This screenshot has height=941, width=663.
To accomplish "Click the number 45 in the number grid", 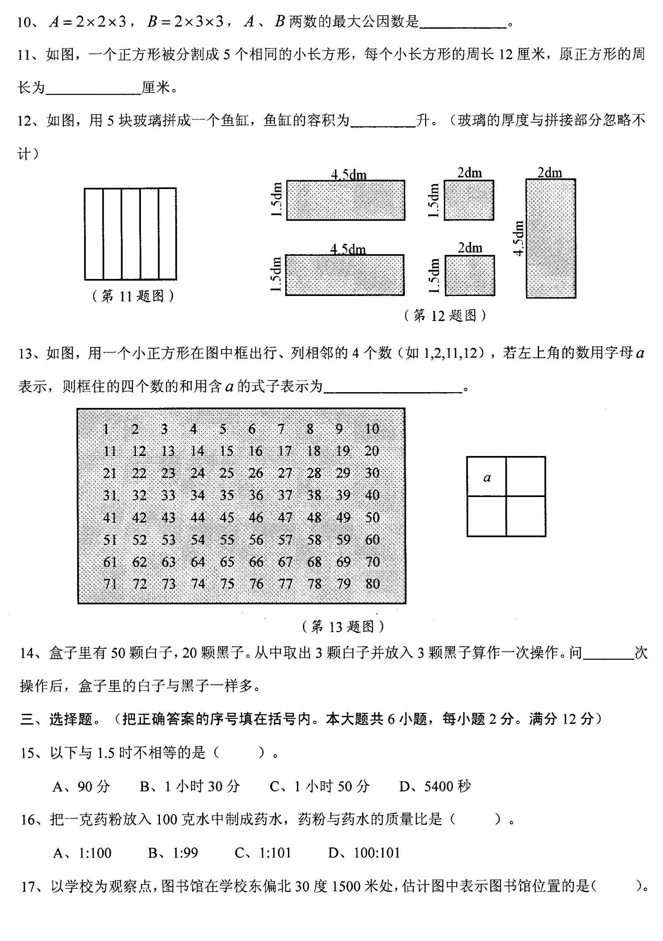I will pyautogui.click(x=227, y=517).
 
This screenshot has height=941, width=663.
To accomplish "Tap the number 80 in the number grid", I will pyautogui.click(x=373, y=584).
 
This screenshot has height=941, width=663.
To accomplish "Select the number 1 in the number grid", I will pyautogui.click(x=106, y=429).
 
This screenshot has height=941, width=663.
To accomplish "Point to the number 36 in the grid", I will pyautogui.click(x=256, y=495).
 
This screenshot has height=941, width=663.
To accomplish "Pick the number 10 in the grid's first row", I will pyautogui.click(x=372, y=429).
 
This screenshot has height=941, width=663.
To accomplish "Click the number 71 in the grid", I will pyautogui.click(x=110, y=584).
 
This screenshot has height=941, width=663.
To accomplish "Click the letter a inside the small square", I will pyautogui.click(x=487, y=478).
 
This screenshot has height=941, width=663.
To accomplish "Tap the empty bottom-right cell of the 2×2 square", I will pyautogui.click(x=525, y=516).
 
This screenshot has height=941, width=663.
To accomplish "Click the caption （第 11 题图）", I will pyautogui.click(x=133, y=296).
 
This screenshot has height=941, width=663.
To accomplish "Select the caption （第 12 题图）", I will pyautogui.click(x=445, y=316).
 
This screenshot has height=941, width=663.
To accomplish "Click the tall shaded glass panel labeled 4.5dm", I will pyautogui.click(x=551, y=238).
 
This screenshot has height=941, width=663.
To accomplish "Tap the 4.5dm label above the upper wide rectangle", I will pyautogui.click(x=348, y=175).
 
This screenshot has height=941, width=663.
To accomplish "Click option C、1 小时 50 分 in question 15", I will pyautogui.click(x=319, y=786).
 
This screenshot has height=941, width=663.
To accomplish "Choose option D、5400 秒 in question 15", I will pyautogui.click(x=435, y=786).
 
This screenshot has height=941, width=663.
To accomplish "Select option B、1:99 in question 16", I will pyautogui.click(x=173, y=853).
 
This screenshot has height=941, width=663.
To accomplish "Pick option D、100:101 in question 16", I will pyautogui.click(x=364, y=853).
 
